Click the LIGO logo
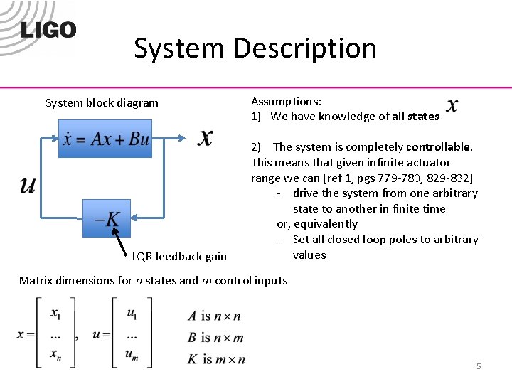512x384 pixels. (x=48, y=30)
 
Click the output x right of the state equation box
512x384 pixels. (x=205, y=138)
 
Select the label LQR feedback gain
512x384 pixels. (x=179, y=257)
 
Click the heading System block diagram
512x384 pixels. (x=102, y=102)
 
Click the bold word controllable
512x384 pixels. (x=438, y=147)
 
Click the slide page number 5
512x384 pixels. (x=479, y=366)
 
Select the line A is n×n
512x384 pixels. (x=214, y=316)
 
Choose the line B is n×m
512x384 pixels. (x=215, y=338)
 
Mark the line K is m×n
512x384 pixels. (x=216, y=359)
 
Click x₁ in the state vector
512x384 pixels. (x=55, y=313)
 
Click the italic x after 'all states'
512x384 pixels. (x=452, y=107)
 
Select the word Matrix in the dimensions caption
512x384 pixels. (x=36, y=280)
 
